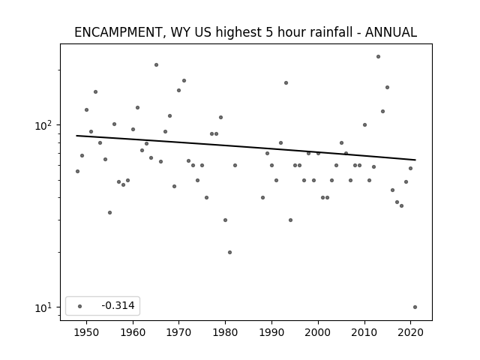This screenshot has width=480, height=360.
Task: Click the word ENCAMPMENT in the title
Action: (x=118, y=32)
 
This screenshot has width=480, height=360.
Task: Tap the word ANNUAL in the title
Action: (x=391, y=32)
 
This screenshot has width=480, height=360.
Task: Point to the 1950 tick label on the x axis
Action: (x=87, y=332)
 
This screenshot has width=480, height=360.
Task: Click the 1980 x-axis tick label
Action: (x=225, y=332)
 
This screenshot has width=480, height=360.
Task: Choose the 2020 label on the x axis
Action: (x=410, y=332)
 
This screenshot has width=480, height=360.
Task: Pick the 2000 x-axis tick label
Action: (x=318, y=332)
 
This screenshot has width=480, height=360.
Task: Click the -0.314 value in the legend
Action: (x=118, y=305)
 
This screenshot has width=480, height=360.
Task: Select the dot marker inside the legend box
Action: (x=80, y=306)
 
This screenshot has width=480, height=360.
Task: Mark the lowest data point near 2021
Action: (x=415, y=307)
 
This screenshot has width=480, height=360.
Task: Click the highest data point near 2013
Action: (x=378, y=57)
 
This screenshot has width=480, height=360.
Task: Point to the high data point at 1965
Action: (x=157, y=65)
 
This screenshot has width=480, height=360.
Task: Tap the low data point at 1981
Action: (x=230, y=252)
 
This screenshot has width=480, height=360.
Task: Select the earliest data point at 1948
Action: (x=78, y=172)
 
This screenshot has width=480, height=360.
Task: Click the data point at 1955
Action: (x=110, y=212)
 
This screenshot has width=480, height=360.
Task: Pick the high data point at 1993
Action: (x=286, y=83)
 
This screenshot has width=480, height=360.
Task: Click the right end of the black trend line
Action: (x=415, y=160)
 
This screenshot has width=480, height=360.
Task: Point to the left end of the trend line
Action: (x=76, y=136)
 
